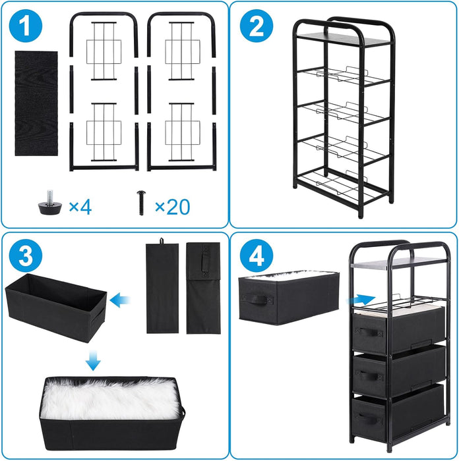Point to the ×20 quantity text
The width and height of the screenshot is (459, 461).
click(x=172, y=207)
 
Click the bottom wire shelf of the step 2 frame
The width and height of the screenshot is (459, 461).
click(x=343, y=185)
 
